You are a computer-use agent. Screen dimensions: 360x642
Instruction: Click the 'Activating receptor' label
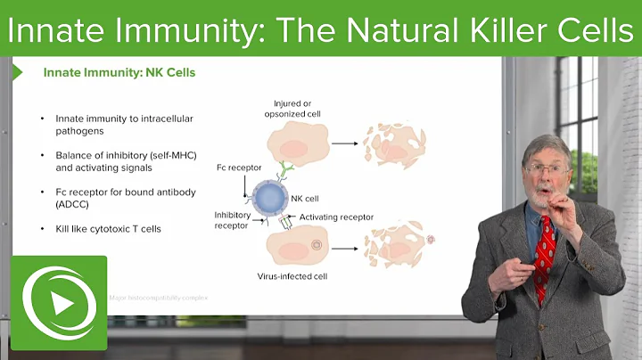pos(336,217)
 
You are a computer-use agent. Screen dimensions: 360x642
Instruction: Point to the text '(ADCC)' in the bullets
pos(72,203)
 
